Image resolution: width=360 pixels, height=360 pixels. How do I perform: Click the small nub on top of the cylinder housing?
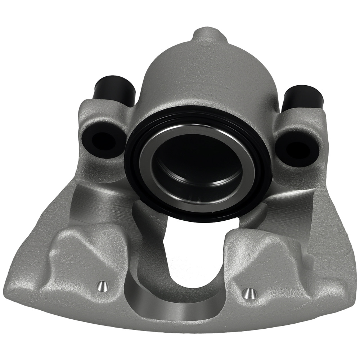click(x=206, y=36)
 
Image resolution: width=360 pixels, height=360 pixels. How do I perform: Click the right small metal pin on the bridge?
click(x=248, y=293)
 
